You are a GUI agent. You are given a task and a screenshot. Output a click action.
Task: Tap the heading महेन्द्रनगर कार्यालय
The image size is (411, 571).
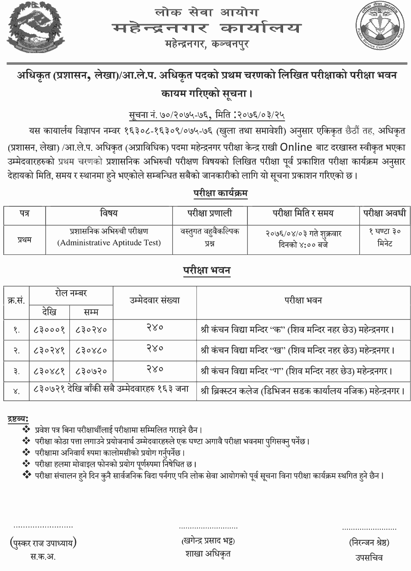(x=206, y=28)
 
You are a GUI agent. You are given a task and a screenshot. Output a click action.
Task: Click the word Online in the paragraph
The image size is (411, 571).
(x=296, y=147)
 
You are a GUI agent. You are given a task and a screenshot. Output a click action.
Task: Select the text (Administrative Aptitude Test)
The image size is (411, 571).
(x=109, y=243)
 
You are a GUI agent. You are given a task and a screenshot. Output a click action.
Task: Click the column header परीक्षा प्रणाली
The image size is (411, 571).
(x=210, y=213)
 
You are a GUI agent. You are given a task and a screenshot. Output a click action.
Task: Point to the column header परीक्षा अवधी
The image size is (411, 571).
(x=385, y=213)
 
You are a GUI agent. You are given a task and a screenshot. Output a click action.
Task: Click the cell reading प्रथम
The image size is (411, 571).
(x=25, y=239)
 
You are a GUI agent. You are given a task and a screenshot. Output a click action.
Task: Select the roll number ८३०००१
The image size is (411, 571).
(x=49, y=329)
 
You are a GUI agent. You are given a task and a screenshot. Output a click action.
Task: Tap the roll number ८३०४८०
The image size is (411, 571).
(x=91, y=350)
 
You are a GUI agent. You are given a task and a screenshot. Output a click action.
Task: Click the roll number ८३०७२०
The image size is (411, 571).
(x=91, y=371)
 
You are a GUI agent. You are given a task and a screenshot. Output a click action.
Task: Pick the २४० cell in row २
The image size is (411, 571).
(x=155, y=349)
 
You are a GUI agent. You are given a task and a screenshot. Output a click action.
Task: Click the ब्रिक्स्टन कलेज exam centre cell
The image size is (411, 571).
(x=303, y=391)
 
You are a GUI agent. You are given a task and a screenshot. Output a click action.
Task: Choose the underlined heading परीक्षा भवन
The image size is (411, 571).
(x=207, y=270)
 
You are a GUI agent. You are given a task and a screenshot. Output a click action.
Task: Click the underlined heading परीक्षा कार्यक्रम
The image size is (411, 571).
(x=221, y=193)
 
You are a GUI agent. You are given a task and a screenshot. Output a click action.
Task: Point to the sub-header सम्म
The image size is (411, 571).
(x=91, y=312)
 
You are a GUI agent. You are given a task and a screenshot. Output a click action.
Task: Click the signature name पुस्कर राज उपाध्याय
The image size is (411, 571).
(x=43, y=543)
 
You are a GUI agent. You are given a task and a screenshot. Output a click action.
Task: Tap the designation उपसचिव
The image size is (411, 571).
(x=369, y=557)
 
